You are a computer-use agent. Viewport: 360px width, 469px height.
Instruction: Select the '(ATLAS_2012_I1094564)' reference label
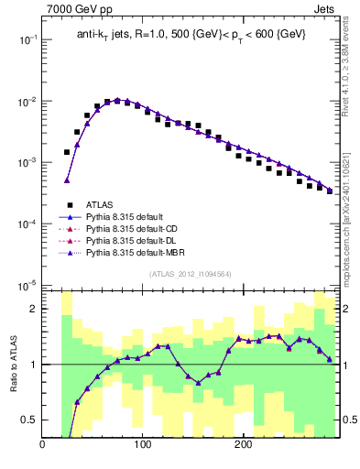[x=191, y=274]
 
